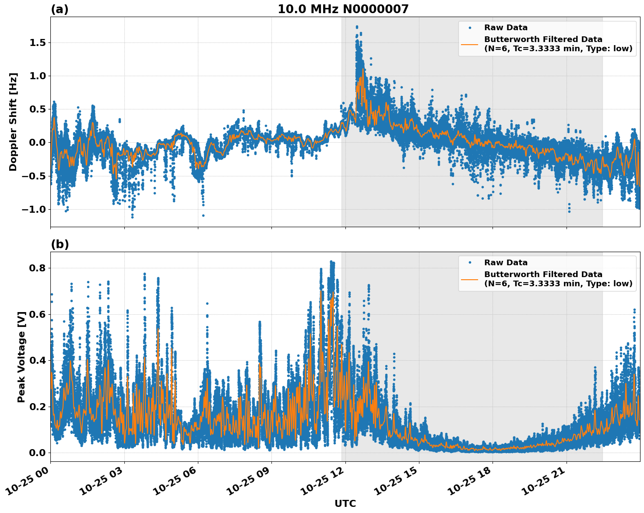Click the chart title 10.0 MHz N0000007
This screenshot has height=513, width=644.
tap(343, 9)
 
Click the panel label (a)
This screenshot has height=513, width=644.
tap(60, 9)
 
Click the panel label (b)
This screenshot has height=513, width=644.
tap(60, 244)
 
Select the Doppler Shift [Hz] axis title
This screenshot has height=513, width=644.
tap(13, 122)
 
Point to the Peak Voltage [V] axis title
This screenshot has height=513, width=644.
tap(21, 357)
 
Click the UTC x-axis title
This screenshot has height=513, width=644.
tap(345, 503)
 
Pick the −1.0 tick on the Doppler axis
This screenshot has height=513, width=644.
tap(34, 209)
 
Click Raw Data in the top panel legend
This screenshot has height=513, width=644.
tap(506, 28)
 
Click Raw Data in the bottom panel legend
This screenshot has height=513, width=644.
tap(506, 263)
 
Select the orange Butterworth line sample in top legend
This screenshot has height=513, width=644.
tap(469, 44)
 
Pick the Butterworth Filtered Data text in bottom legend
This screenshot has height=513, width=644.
tap(543, 274)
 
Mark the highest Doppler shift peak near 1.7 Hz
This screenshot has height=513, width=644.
tap(357, 27)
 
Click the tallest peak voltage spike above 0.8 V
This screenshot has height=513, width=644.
tap(331, 262)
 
